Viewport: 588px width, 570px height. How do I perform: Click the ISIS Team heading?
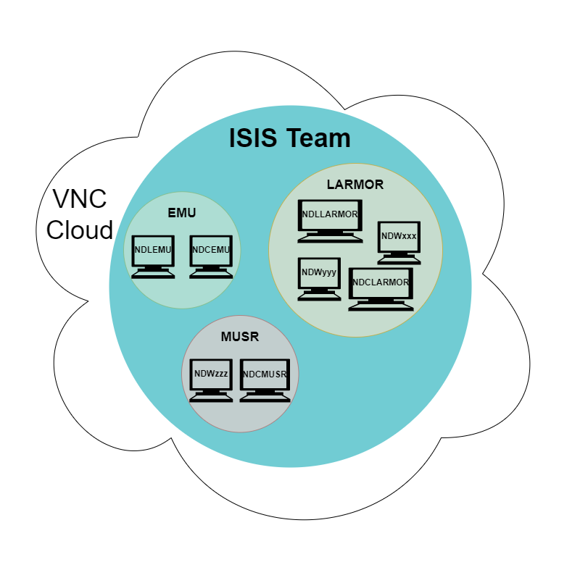[289, 138]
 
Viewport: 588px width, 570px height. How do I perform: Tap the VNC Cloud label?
[79, 214]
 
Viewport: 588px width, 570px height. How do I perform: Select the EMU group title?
[182, 213]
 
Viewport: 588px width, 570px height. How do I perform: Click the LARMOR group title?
[355, 184]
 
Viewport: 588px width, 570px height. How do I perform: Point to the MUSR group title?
[239, 337]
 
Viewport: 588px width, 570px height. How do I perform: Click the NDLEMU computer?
[152, 255]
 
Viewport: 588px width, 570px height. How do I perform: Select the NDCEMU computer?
[211, 255]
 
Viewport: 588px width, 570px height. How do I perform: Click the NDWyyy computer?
[319, 278]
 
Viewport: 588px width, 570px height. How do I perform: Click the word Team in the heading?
[318, 138]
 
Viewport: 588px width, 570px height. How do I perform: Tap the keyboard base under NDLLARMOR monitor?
[330, 238]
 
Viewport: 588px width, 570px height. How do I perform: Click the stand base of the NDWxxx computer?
[399, 260]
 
